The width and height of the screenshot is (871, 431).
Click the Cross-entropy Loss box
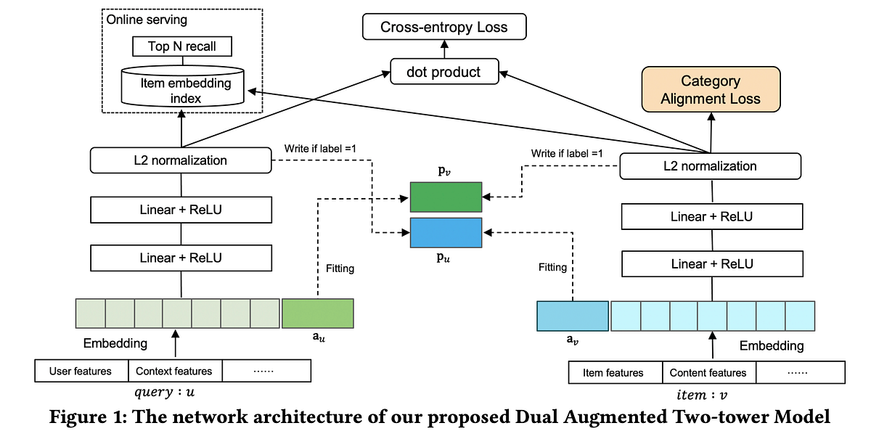pyautogui.click(x=444, y=28)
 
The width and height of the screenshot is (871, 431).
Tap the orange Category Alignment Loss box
pyautogui.click(x=711, y=90)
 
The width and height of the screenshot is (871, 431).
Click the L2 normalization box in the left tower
pyautogui.click(x=181, y=160)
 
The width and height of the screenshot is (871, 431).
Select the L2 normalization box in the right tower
pyautogui.click(x=710, y=166)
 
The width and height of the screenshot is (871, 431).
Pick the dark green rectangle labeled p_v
pyautogui.click(x=446, y=197)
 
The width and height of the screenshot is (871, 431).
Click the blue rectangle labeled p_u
pyautogui.click(x=446, y=232)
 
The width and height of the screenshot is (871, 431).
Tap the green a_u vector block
pyautogui.click(x=316, y=313)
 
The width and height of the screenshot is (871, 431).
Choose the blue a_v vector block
pyautogui.click(x=573, y=316)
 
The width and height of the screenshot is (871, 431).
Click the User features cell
pyautogui.click(x=81, y=371)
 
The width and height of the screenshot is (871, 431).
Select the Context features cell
pyautogui.click(x=175, y=371)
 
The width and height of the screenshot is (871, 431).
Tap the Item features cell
pyautogui.click(x=614, y=373)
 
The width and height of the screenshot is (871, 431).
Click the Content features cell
pyautogui.click(x=708, y=373)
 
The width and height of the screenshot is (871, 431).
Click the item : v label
pyautogui.click(x=701, y=395)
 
